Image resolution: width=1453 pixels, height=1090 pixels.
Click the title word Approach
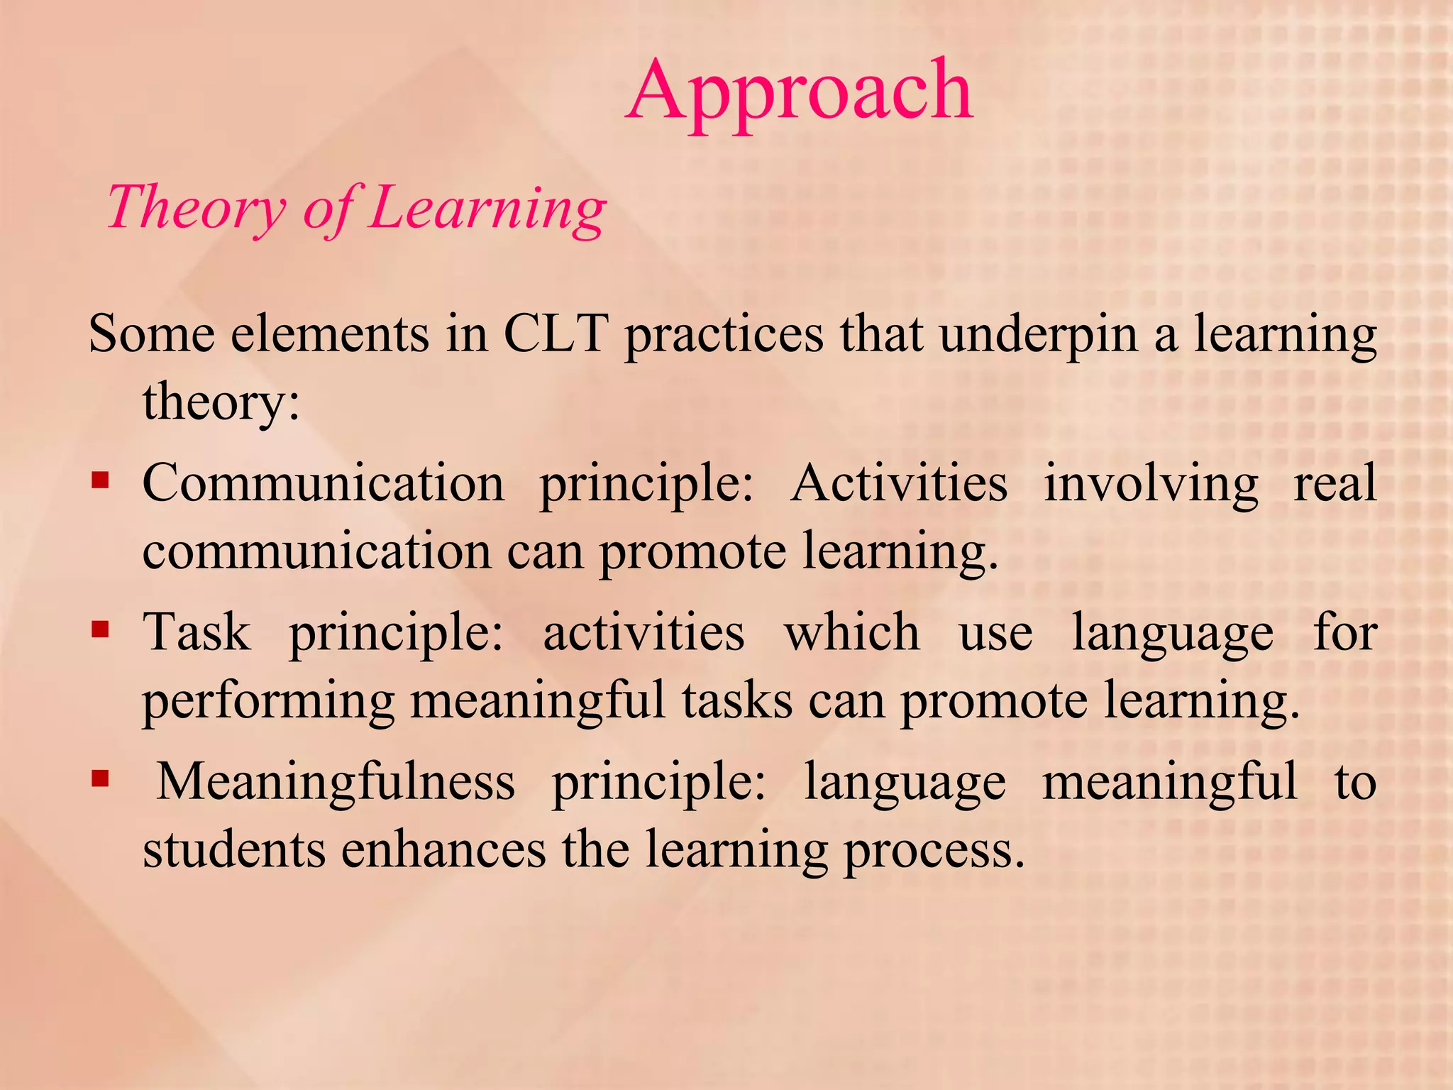pos(800,92)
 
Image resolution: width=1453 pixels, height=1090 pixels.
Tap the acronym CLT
pos(555,333)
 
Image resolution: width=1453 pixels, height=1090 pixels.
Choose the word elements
pos(330,333)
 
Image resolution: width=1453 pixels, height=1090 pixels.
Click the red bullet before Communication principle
pos(100,481)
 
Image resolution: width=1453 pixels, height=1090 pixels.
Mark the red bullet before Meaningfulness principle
pos(100,780)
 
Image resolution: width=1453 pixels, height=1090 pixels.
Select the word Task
pos(197,632)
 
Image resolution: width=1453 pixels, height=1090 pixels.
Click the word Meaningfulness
pos(336,782)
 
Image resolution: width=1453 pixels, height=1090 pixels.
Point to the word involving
pos(1151,484)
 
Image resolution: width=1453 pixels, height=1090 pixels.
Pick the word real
pos(1335,483)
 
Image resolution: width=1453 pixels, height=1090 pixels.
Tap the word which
pos(852,632)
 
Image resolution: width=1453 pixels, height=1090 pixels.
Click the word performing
pos(269,701)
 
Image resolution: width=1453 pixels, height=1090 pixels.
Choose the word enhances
pos(443,849)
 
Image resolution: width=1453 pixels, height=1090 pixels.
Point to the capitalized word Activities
pos(899,483)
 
